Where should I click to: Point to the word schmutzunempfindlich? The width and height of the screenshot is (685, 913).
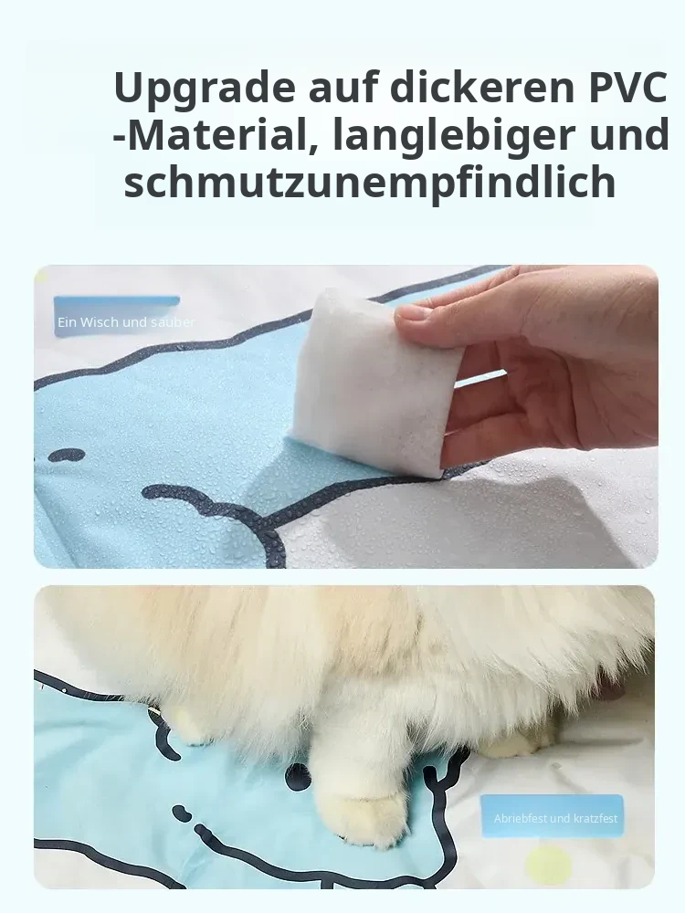[x=370, y=183]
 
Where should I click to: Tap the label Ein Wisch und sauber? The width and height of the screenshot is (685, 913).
[x=126, y=322]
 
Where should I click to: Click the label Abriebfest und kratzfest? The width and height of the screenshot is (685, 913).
[x=555, y=818]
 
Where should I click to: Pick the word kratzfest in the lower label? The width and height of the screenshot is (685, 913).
[x=595, y=818]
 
